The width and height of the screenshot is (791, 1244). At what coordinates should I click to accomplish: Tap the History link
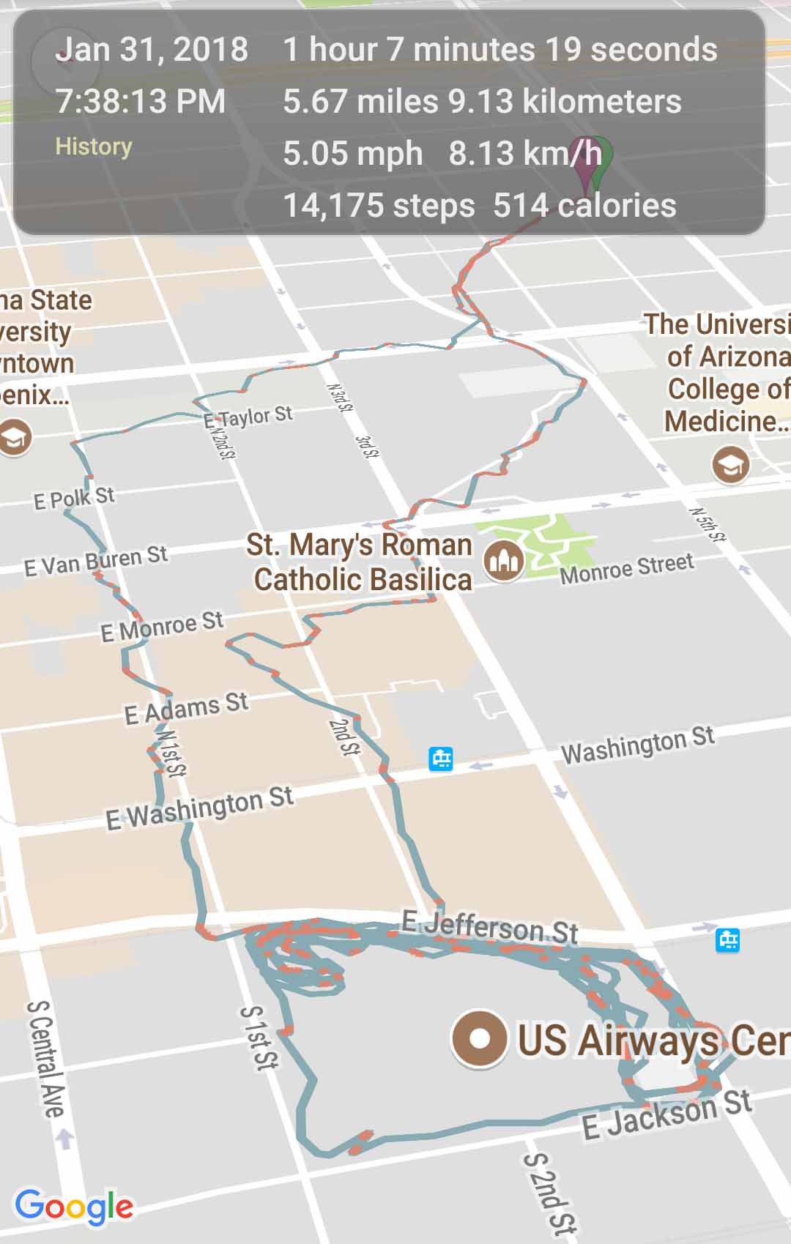click(94, 146)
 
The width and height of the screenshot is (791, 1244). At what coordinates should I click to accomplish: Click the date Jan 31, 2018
click(152, 50)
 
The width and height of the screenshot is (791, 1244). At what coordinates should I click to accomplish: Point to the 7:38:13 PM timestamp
click(141, 101)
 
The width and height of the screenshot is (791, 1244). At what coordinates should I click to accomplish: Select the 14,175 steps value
click(379, 206)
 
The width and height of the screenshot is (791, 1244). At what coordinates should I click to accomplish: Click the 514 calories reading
click(584, 206)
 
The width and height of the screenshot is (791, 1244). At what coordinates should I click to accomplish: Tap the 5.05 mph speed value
click(352, 154)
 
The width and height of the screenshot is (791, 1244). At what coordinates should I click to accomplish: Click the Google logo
click(74, 1206)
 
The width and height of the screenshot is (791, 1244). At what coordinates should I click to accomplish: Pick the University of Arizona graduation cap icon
click(730, 464)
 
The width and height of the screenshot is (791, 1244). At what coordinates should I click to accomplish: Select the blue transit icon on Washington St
click(441, 759)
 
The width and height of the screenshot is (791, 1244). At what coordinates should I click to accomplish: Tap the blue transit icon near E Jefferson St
click(727, 939)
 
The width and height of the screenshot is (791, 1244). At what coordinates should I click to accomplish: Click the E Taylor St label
click(248, 417)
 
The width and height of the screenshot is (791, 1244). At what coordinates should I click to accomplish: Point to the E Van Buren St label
click(96, 561)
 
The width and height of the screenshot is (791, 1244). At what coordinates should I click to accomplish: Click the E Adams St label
click(186, 708)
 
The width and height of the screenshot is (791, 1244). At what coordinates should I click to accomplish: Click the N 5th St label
click(708, 524)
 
